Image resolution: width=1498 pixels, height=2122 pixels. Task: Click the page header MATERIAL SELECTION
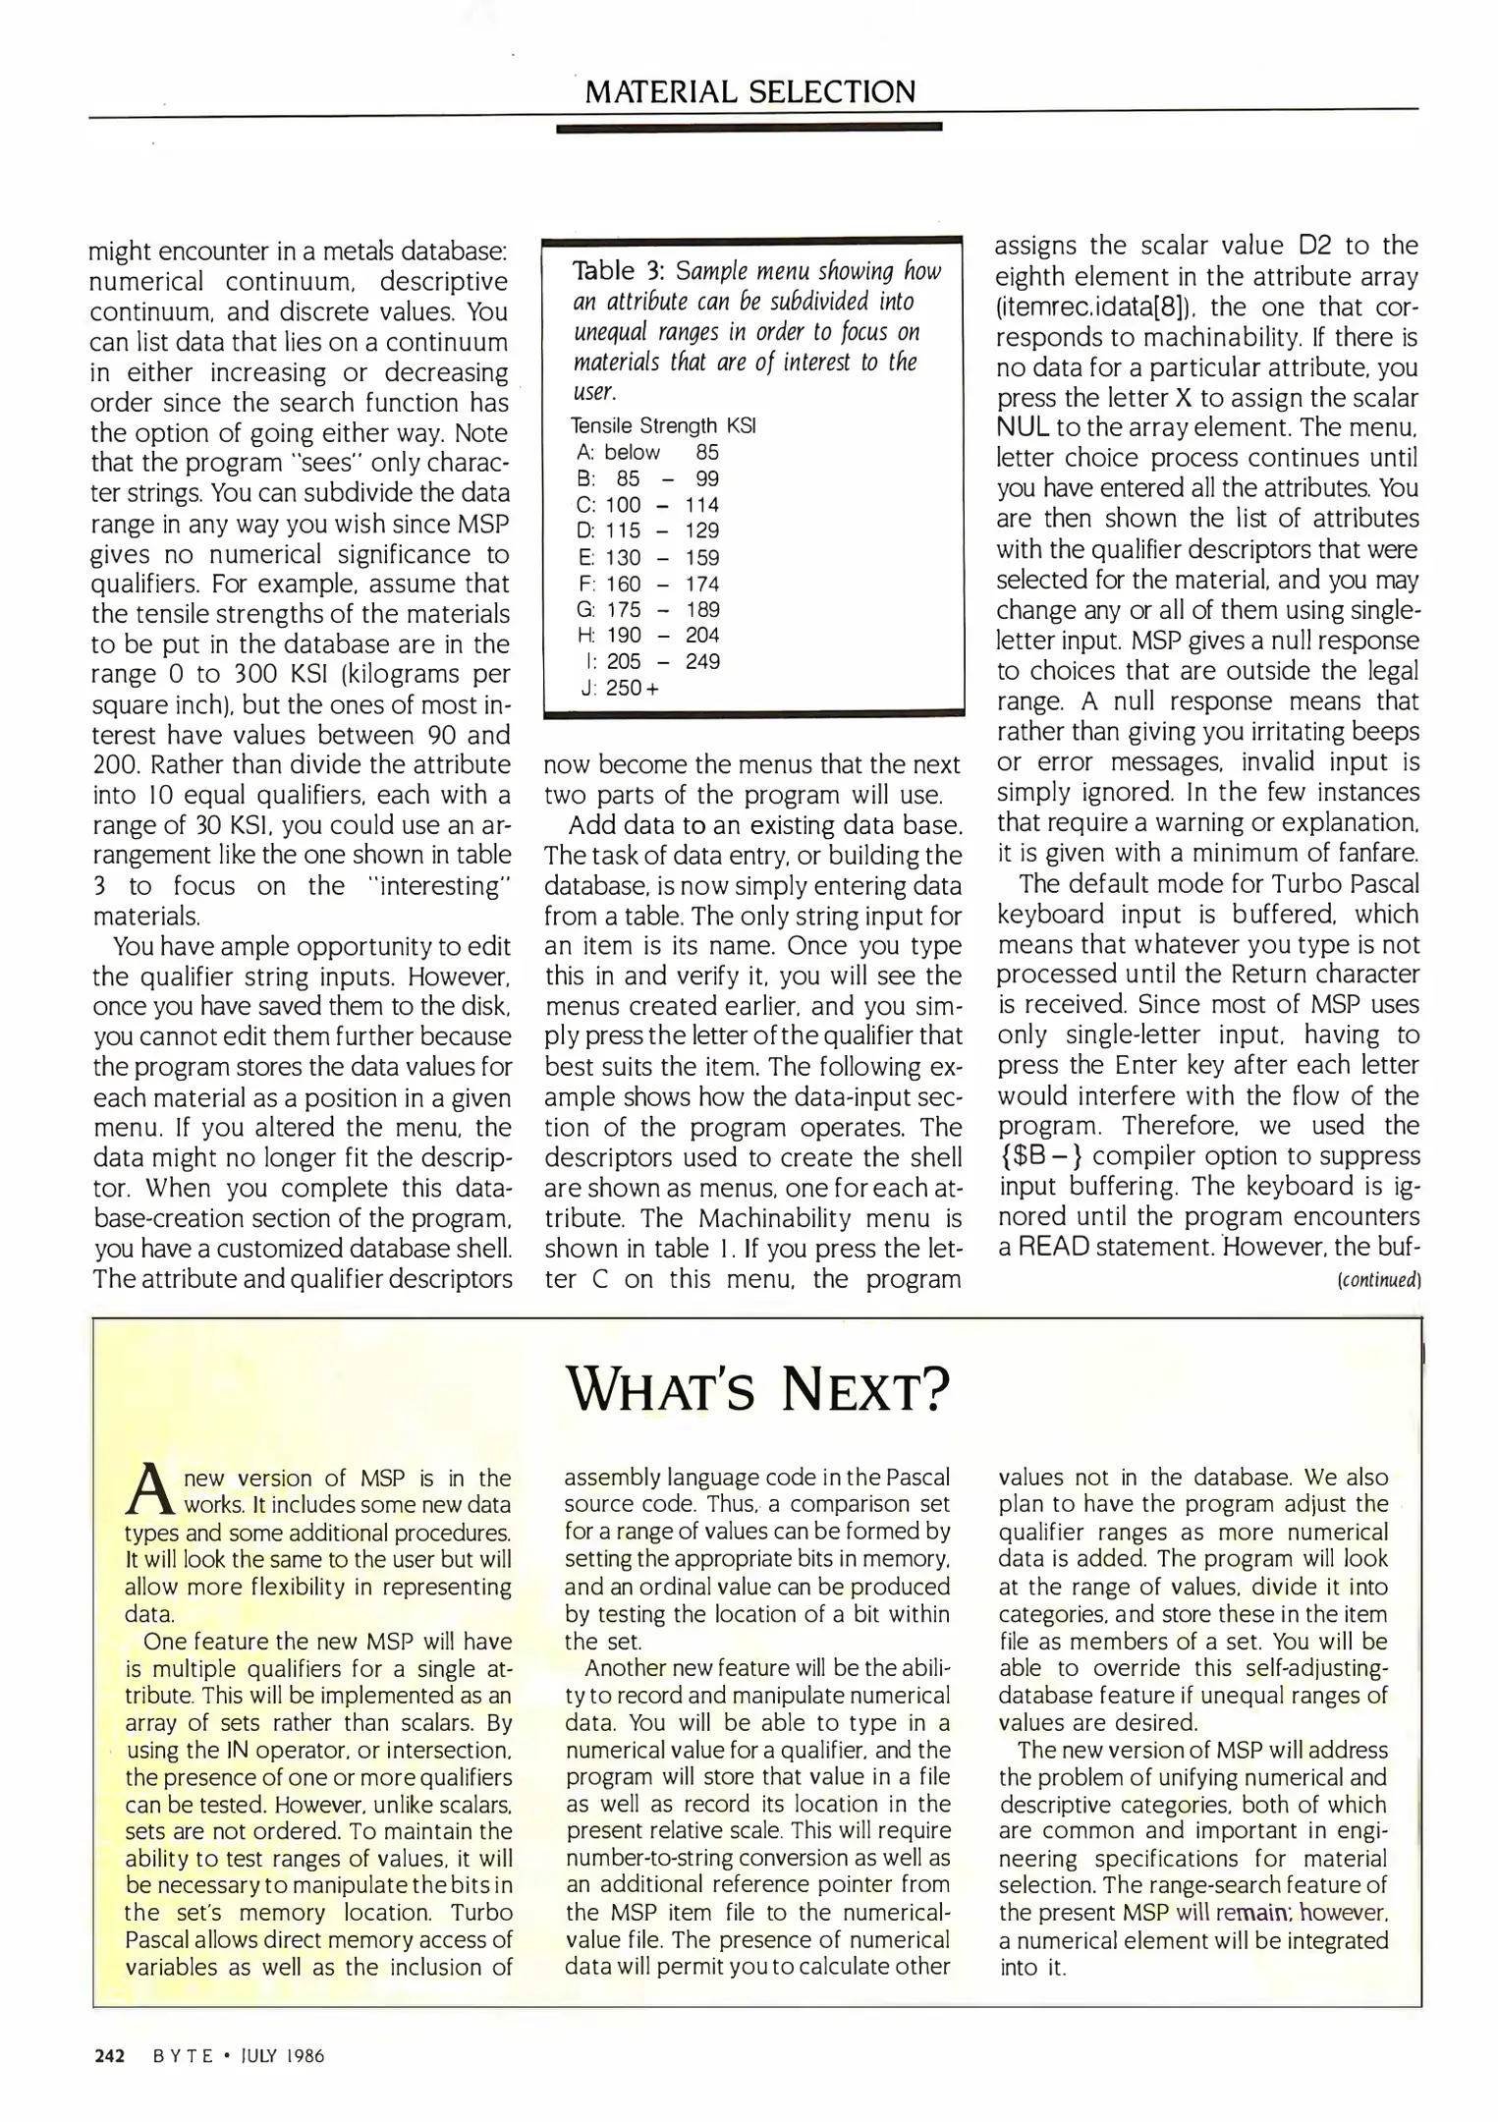(x=749, y=92)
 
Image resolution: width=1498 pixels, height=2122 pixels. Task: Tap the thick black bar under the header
(x=749, y=127)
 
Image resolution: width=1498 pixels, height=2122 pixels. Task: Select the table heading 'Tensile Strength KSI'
(x=663, y=425)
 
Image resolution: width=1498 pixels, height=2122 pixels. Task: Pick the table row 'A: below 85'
(x=648, y=452)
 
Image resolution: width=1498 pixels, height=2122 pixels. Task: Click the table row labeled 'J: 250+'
(x=620, y=688)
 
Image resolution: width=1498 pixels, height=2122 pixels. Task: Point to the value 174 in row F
(x=702, y=584)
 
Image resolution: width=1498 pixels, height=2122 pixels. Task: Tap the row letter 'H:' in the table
(x=586, y=636)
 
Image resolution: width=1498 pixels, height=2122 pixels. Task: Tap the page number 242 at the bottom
(x=109, y=2055)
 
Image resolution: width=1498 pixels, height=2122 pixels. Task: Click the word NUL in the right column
(x=1024, y=428)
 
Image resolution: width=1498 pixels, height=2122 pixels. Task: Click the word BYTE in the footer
(x=183, y=2055)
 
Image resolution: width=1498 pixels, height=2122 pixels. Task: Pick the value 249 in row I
(x=702, y=661)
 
